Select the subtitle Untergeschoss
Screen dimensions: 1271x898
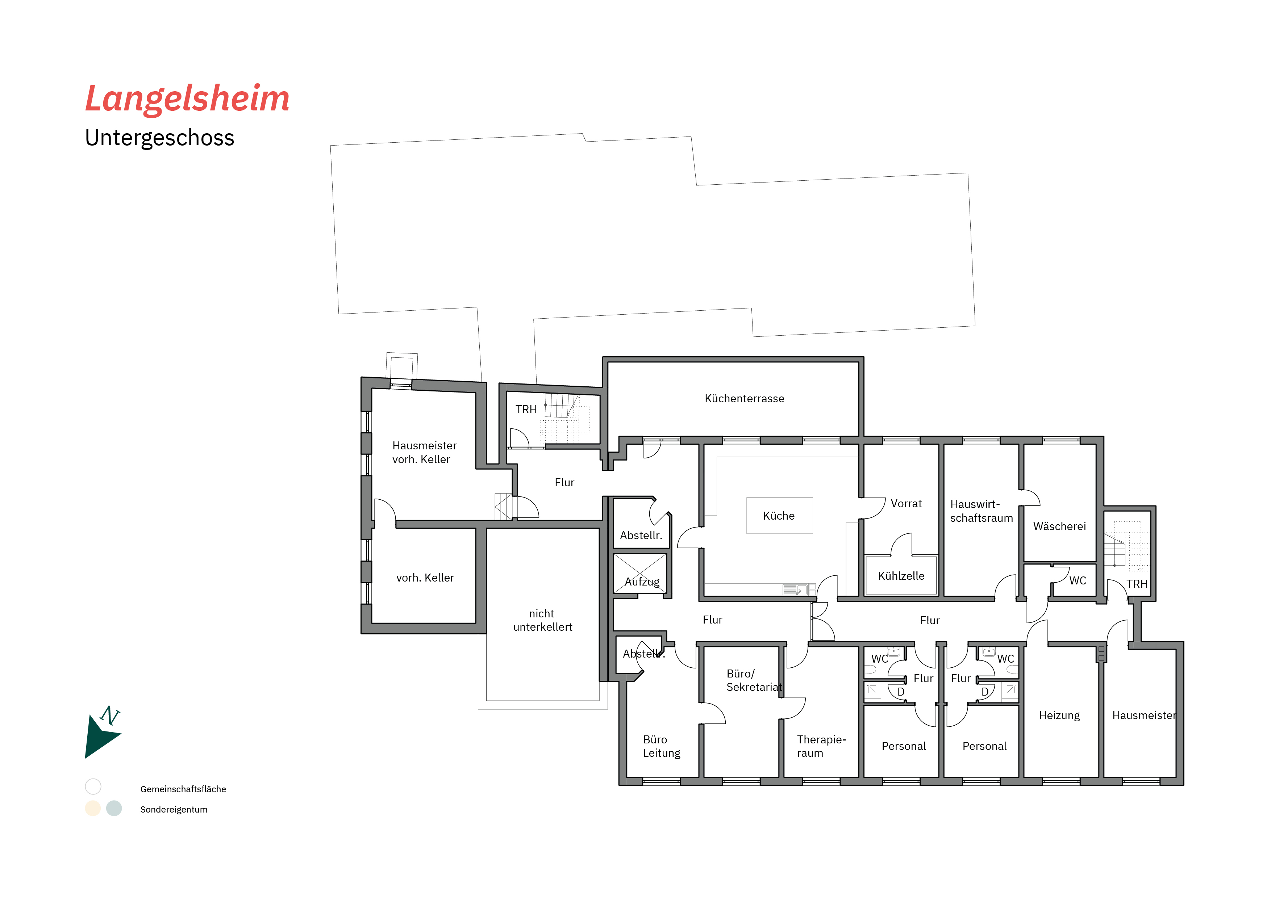click(x=159, y=138)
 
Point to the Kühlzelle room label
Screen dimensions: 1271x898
click(x=901, y=576)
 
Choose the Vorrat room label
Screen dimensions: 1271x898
click(x=906, y=504)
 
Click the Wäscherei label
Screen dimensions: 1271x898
click(x=1059, y=526)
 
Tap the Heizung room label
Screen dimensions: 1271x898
click(x=1059, y=716)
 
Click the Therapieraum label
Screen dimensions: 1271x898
click(x=821, y=746)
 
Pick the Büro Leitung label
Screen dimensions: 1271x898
click(x=662, y=746)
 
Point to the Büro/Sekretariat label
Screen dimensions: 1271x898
click(x=754, y=680)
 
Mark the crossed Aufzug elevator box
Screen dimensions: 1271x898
click(x=640, y=574)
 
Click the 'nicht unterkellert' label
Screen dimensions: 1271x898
click(x=542, y=620)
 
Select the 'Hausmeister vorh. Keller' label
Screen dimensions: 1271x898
click(x=424, y=453)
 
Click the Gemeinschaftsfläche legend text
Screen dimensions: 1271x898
click(x=183, y=789)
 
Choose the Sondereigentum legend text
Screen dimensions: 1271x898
click(x=174, y=810)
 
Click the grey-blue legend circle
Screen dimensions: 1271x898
click(x=114, y=808)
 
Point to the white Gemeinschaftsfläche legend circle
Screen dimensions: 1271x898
click(x=93, y=786)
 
